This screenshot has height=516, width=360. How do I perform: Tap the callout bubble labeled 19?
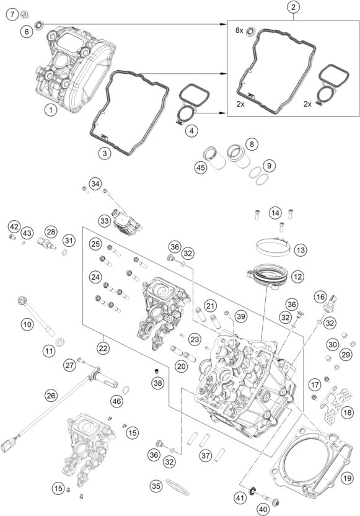coord(346,477)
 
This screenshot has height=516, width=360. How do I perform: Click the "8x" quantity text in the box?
coord(239,30)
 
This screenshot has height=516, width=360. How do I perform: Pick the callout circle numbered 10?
coord(27,323)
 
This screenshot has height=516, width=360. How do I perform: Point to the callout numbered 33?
coord(104,220)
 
